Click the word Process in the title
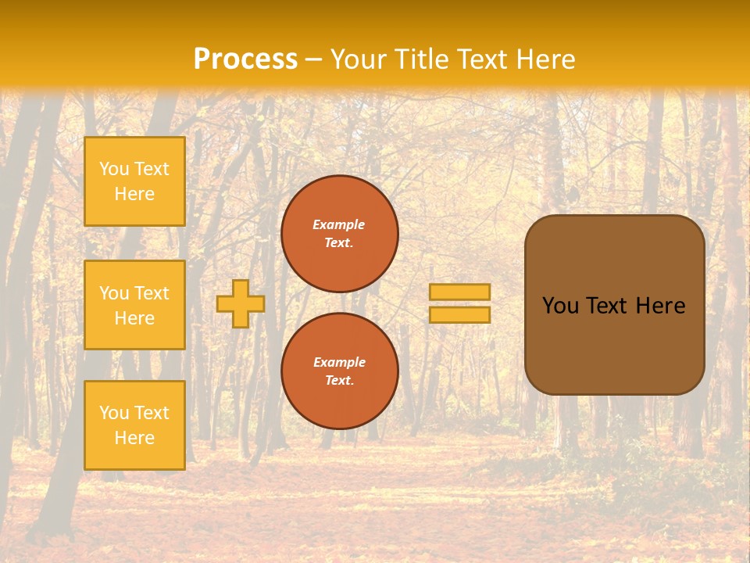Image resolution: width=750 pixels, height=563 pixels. [245, 59]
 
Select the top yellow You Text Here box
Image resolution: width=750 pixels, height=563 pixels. [134, 181]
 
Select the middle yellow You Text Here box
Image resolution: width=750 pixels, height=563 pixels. [134, 305]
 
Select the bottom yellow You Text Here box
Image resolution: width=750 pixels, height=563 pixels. [134, 425]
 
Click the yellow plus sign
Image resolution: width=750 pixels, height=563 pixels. [240, 303]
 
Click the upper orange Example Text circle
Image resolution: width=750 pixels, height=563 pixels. [339, 234]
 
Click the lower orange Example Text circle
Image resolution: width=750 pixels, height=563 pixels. [339, 371]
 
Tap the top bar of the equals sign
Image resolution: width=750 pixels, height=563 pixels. [459, 292]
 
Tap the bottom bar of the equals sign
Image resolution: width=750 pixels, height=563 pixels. [459, 315]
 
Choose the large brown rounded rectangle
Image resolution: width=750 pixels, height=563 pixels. [614, 344]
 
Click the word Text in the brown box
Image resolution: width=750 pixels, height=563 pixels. [606, 306]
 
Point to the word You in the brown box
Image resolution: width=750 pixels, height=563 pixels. [559, 306]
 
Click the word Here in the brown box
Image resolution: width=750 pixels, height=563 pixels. [660, 306]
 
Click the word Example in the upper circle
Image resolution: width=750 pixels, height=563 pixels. [339, 224]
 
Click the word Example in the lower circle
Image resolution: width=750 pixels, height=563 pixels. [339, 362]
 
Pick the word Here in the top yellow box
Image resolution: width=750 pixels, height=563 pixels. [134, 194]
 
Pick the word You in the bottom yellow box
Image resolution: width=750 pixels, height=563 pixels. [114, 413]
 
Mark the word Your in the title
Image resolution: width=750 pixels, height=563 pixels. [357, 59]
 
